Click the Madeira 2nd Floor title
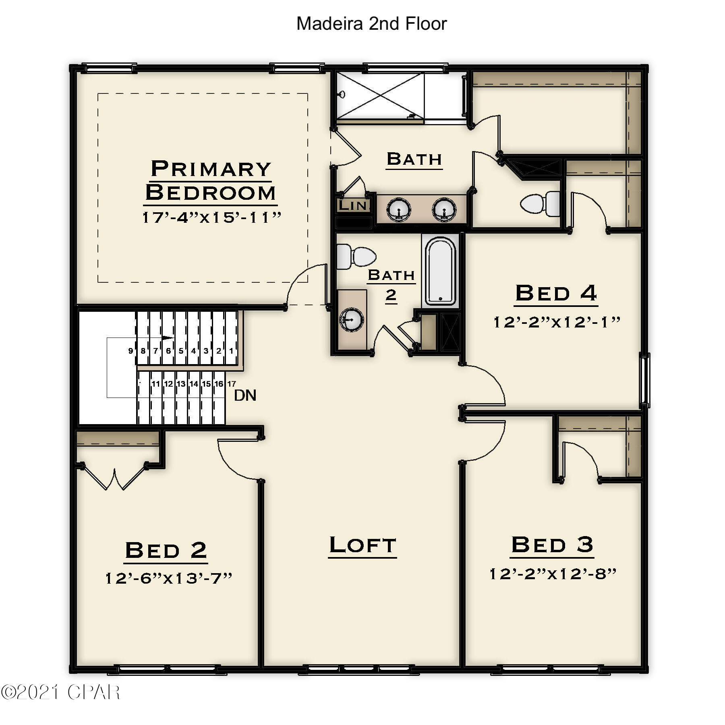point(371,24)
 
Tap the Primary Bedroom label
point(211,180)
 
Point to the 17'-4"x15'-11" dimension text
point(211,217)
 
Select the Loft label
point(362,545)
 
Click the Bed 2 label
point(166,550)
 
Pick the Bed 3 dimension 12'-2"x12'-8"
point(553,574)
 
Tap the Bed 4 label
point(556,293)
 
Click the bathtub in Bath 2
point(441,271)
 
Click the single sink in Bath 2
point(352,319)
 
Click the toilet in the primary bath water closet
point(540,204)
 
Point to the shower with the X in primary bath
point(380,96)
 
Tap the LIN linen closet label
point(353,205)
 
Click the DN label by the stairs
point(245,396)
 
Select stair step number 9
point(130,351)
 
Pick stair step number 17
point(232,384)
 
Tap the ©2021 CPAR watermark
point(60,692)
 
